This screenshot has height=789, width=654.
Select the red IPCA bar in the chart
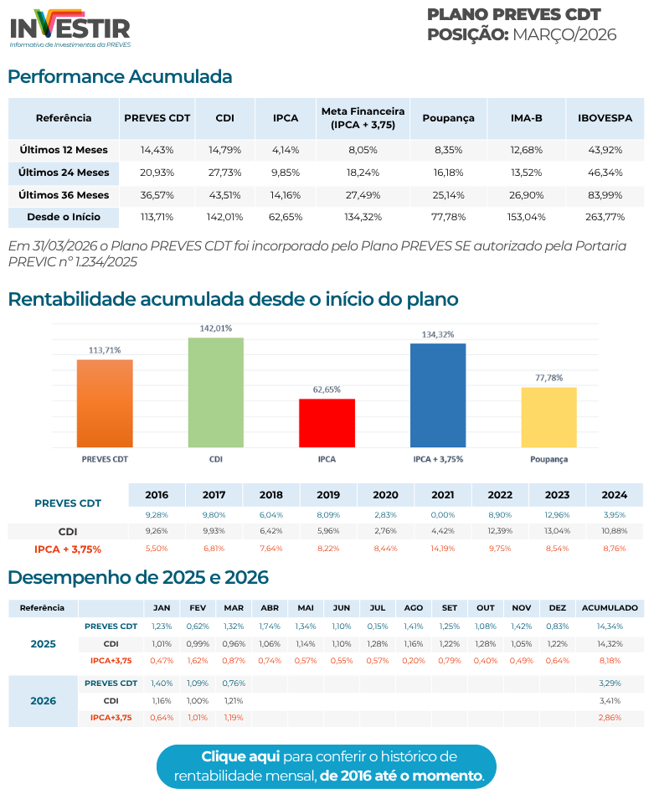pyautogui.click(x=327, y=422)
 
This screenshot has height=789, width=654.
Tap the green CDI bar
pyautogui.click(x=215, y=392)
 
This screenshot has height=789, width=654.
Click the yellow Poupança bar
pyautogui.click(x=548, y=416)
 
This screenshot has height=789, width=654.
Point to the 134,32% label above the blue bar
pyautogui.click(x=438, y=334)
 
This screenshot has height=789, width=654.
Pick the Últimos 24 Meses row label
pyautogui.click(x=64, y=173)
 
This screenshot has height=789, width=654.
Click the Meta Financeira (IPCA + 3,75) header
pyautogui.click(x=363, y=118)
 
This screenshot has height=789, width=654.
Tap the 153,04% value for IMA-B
pyautogui.click(x=527, y=217)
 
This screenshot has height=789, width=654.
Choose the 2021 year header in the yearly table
pyautogui.click(x=442, y=495)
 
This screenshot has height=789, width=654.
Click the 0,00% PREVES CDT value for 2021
pyautogui.click(x=442, y=514)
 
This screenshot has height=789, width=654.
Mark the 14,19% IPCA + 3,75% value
pyautogui.click(x=442, y=549)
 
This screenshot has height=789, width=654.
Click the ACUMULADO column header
pyautogui.click(x=610, y=607)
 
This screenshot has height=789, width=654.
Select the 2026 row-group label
pyautogui.click(x=44, y=700)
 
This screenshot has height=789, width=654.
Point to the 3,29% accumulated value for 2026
pyautogui.click(x=610, y=683)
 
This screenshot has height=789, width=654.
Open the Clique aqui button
pyautogui.click(x=327, y=766)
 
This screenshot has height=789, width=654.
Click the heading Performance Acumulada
pyautogui.click(x=120, y=77)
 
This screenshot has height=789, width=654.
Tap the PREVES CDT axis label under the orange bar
pyautogui.click(x=105, y=460)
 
